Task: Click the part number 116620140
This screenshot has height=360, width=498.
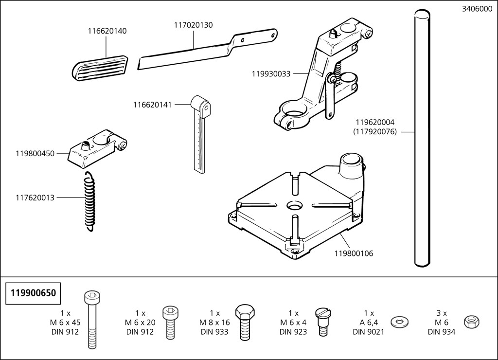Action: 107,31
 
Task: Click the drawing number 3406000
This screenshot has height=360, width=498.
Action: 476,9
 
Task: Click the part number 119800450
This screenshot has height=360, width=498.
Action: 35,153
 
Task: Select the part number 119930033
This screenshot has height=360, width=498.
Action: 271,73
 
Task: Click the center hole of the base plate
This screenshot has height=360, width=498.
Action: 294,205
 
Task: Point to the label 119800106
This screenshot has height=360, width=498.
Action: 354,253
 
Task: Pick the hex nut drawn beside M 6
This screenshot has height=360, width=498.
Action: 470,321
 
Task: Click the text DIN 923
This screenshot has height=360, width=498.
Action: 293,332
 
